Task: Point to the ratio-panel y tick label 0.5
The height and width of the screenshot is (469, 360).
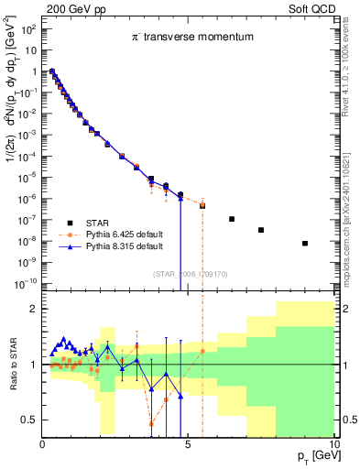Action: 28,420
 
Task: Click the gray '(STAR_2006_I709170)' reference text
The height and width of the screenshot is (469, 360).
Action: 191,273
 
